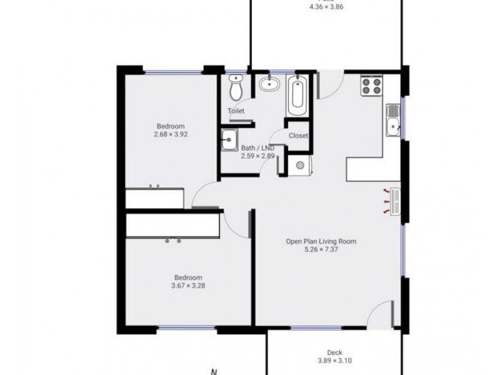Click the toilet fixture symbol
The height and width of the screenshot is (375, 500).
coord(236,89)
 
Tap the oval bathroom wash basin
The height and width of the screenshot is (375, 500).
coord(269,83)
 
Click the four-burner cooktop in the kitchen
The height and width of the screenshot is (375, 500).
coord(371,86)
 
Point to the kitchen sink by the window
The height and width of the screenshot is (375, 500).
coord(393,120)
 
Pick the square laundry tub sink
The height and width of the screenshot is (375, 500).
coord(229,139)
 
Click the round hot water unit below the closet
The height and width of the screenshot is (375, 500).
coord(301,166)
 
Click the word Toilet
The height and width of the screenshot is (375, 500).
coord(236,111)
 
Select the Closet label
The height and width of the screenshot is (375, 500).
coord(298,136)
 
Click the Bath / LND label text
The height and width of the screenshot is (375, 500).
coord(257,148)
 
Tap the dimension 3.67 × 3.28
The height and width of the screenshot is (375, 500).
coord(188,286)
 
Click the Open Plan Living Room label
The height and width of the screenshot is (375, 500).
coord(321,241)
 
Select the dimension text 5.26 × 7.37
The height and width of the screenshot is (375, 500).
coord(321,249)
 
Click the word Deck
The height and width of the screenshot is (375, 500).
coord(334,352)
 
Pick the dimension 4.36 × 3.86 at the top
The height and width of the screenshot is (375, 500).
coord(326,7)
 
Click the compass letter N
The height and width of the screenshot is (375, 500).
coord(214,371)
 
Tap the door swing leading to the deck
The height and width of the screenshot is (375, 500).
coord(380,314)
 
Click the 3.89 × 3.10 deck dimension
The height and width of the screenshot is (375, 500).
coord(334,361)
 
